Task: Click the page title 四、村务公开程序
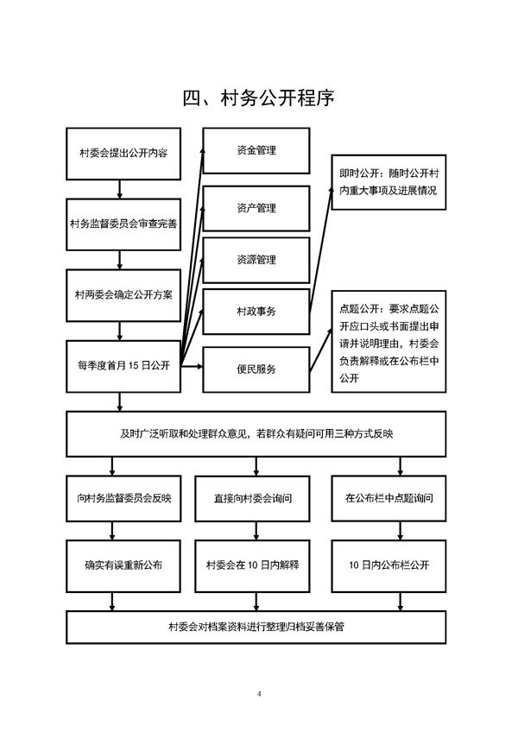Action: pos(258,98)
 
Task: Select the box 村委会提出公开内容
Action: pos(123,154)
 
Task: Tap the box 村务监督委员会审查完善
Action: pos(123,224)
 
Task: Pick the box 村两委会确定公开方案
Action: pos(123,295)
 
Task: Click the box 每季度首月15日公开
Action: pos(123,366)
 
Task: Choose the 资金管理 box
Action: pos(256,151)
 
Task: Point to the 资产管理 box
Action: pos(256,208)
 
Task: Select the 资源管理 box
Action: pos(256,260)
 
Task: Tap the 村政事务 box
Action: pos(256,312)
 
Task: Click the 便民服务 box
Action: pos(256,369)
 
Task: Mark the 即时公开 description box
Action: pos(388,182)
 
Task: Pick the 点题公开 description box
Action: pos(388,341)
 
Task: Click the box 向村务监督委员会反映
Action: pos(123,499)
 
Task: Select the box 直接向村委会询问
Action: pos(252,499)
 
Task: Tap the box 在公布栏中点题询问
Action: pos(388,499)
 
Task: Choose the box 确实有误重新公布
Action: pos(123,565)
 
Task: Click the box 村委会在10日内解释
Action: pos(252,565)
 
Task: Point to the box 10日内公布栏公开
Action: pos(388,565)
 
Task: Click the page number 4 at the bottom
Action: pos(259,694)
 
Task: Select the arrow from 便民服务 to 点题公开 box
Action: pos(321,350)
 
